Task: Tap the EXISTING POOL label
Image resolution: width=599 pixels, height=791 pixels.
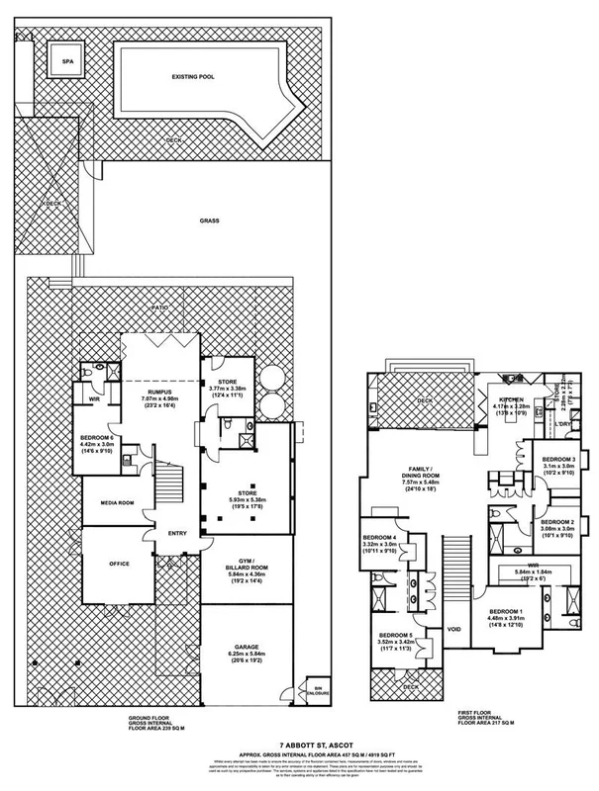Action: tap(194, 76)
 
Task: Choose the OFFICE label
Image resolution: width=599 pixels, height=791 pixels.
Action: tap(120, 564)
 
